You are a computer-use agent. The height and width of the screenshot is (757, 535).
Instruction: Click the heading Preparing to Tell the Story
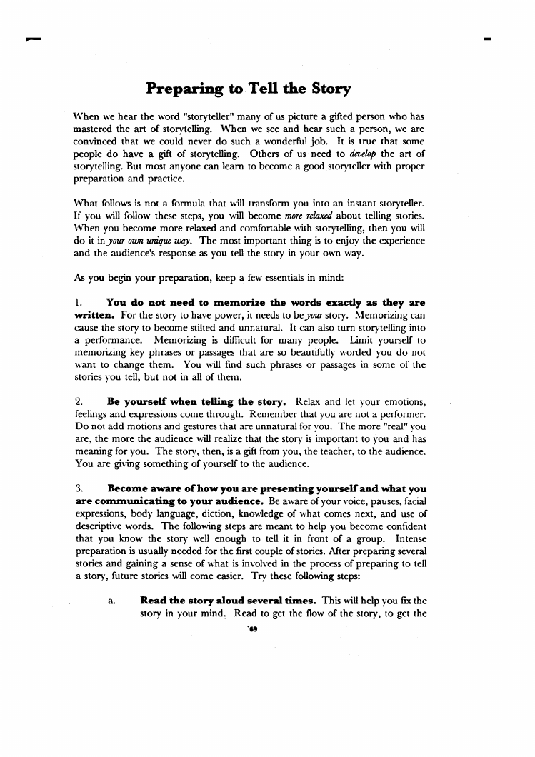click(248, 89)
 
